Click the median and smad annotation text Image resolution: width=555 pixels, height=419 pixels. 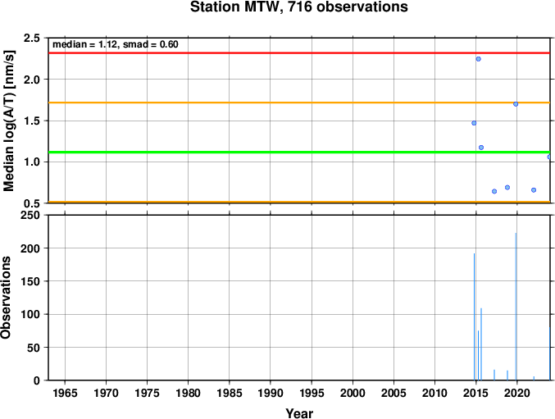click(x=116, y=44)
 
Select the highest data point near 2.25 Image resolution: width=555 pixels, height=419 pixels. click(x=478, y=59)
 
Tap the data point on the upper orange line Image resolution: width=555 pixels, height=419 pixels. click(x=516, y=104)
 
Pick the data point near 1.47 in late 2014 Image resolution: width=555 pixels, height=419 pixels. click(x=474, y=123)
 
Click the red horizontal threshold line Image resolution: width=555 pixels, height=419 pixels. click(x=299, y=53)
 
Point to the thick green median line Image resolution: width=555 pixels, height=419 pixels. click(x=299, y=153)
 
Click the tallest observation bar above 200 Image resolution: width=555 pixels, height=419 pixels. click(x=516, y=307)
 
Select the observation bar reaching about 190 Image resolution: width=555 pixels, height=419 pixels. click(x=475, y=317)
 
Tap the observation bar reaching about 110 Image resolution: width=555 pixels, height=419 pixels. click(x=481, y=344)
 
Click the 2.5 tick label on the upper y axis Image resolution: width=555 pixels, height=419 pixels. click(x=32, y=38)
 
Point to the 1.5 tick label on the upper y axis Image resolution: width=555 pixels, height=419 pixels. click(x=32, y=121)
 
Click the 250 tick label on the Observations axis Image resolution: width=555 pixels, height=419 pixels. click(x=30, y=215)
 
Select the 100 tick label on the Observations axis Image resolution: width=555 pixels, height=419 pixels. click(x=30, y=314)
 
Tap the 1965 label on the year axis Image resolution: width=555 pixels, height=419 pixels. click(x=65, y=393)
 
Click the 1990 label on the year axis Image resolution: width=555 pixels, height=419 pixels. click(x=271, y=393)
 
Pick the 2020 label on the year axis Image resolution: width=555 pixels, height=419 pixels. click(x=517, y=393)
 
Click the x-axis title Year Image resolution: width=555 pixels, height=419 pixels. click(x=299, y=413)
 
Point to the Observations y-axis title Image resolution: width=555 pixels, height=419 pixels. click(x=6, y=298)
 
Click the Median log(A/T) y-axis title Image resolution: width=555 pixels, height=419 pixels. click(x=8, y=121)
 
